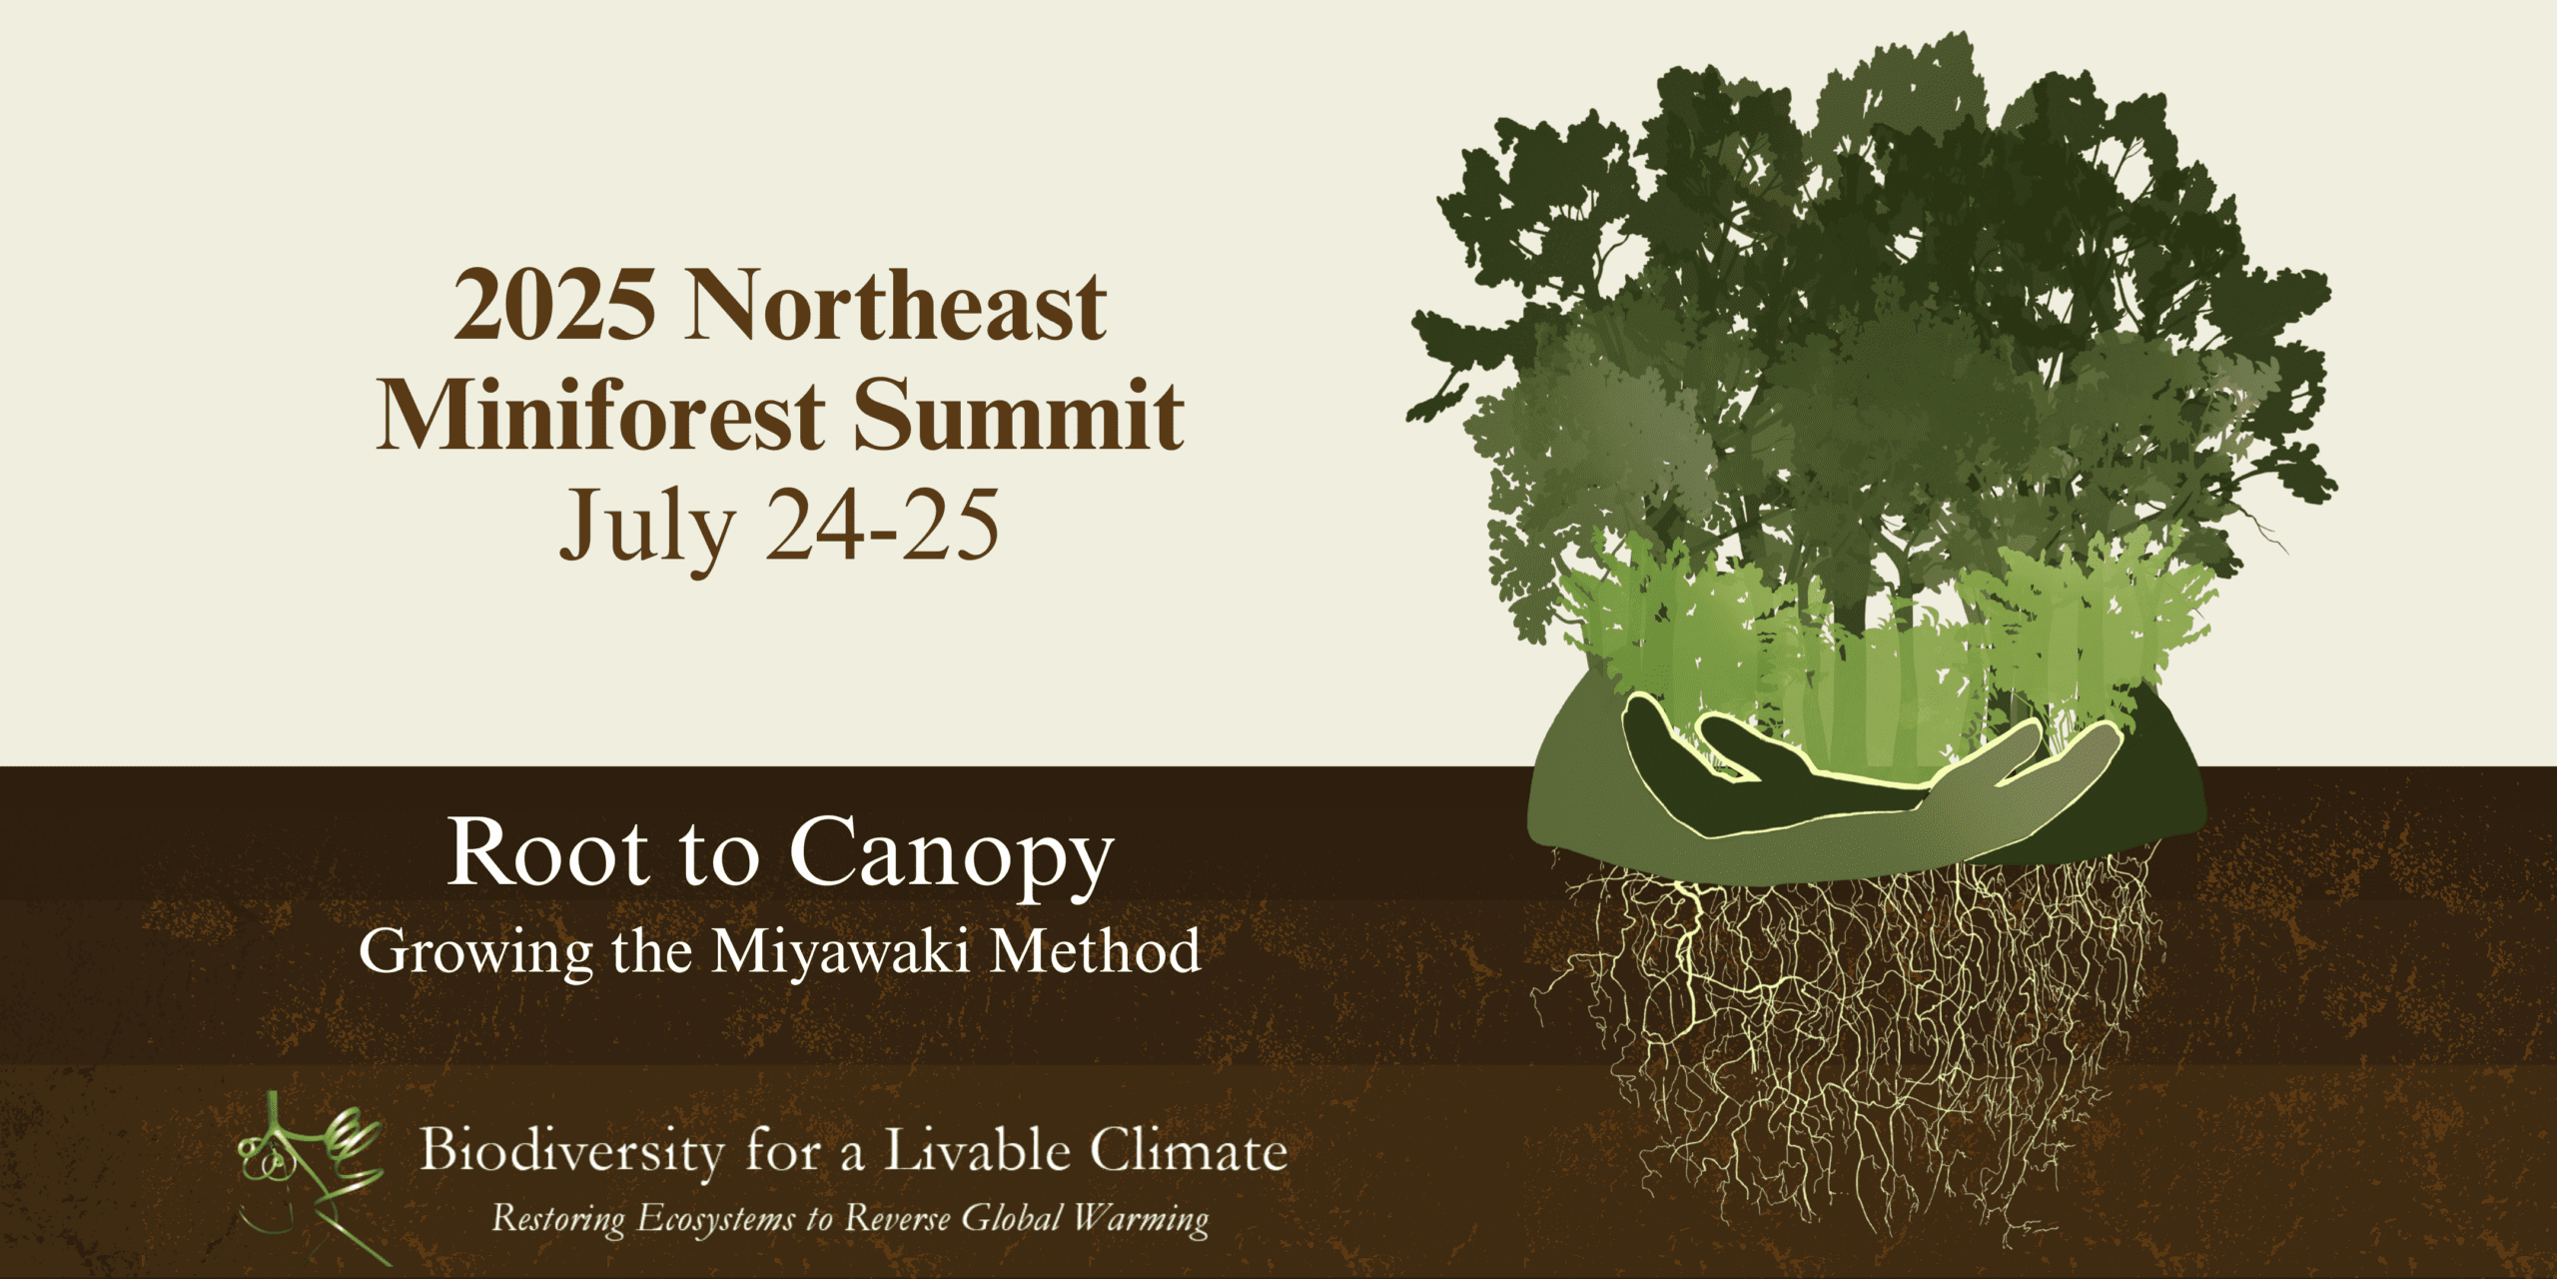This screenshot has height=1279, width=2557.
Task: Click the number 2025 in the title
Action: pyautogui.click(x=554, y=305)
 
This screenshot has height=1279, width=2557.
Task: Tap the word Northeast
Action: pyautogui.click(x=896, y=305)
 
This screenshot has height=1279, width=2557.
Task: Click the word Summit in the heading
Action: pyautogui.click(x=1018, y=415)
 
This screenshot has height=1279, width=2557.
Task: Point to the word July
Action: pyautogui.click(x=646, y=527)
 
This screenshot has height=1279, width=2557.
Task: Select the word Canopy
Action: pyautogui.click(x=951, y=855)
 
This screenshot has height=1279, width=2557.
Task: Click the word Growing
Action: pyautogui.click(x=475, y=951)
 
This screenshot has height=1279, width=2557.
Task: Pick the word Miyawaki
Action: pyautogui.click(x=839, y=951)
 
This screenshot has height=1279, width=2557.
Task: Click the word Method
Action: pyautogui.click(x=1095, y=950)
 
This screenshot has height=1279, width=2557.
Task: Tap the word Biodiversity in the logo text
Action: pyautogui.click(x=571, y=1151)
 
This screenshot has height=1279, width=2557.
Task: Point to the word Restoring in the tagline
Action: pyautogui.click(x=559, y=1219)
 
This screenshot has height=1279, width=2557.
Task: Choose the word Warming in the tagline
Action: pyautogui.click(x=1141, y=1219)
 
